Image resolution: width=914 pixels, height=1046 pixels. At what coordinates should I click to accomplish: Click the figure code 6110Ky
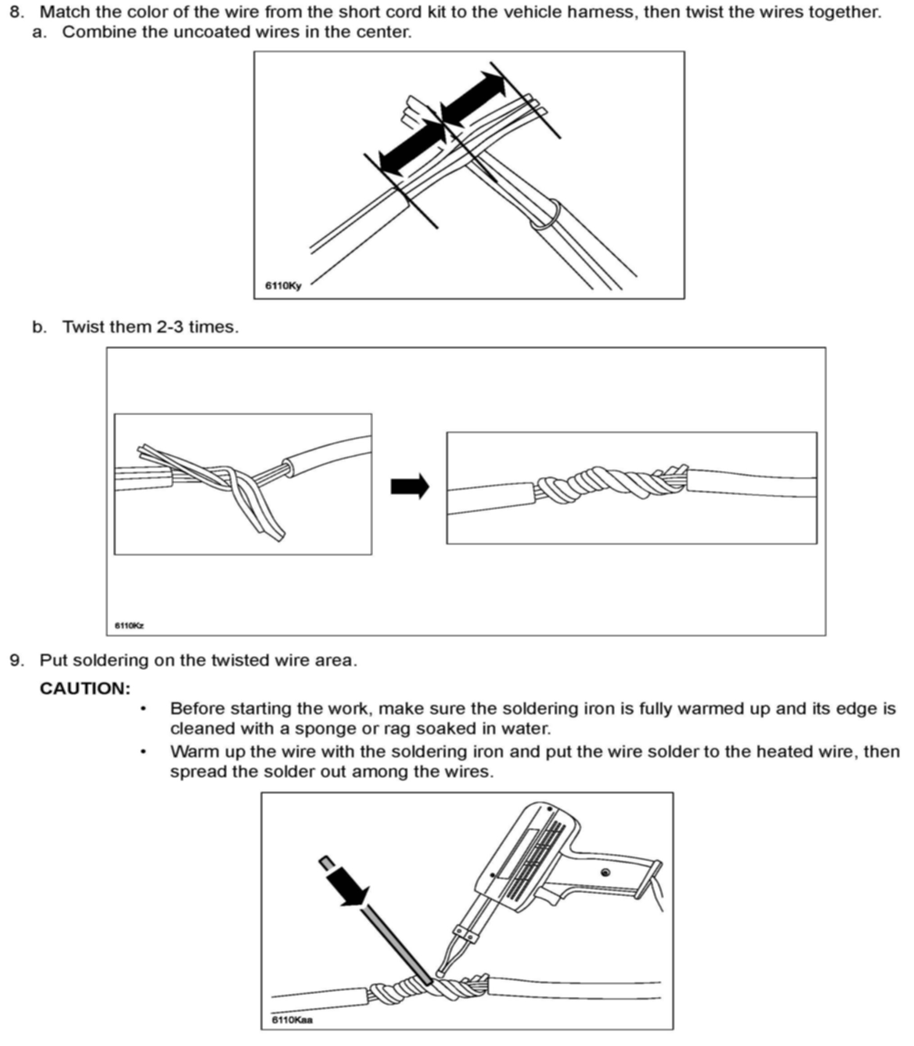[283, 285]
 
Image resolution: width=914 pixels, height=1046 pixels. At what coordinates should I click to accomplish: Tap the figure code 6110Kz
[129, 625]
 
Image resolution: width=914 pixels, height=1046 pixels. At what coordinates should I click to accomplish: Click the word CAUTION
[85, 688]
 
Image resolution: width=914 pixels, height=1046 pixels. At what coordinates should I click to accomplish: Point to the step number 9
[16, 661]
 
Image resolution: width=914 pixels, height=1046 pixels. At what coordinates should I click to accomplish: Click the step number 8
[16, 12]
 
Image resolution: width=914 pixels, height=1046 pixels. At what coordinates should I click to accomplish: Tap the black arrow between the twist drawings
[409, 486]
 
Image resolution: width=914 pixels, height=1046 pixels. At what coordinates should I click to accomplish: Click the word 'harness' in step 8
[603, 12]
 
